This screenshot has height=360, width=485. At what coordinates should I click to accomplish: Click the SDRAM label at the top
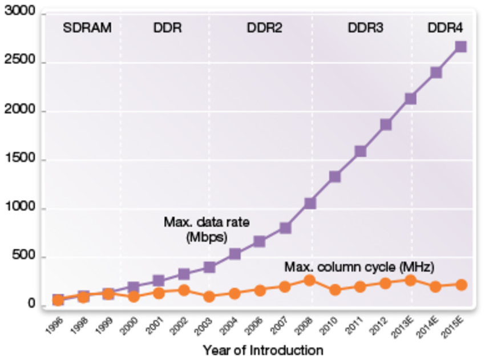[x=87, y=28]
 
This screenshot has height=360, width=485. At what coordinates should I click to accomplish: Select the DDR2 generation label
[x=264, y=28]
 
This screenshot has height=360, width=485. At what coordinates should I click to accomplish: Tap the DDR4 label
[x=446, y=28]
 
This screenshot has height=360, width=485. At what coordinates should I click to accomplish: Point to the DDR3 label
[x=366, y=28]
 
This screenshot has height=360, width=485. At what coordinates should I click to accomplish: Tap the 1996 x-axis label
[x=53, y=325]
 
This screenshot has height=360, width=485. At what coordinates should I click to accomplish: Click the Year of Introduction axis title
[x=263, y=350]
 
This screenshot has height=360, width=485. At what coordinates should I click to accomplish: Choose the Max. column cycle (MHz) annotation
[x=359, y=266]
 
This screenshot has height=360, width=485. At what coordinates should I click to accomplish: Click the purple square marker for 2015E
[x=460, y=47]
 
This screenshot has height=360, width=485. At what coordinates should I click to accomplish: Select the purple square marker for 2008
[x=310, y=204]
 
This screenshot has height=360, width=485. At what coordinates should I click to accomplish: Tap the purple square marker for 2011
[x=360, y=151]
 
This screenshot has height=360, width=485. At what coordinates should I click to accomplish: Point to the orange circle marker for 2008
[x=309, y=280]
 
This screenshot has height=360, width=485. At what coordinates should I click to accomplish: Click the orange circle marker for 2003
[x=209, y=297]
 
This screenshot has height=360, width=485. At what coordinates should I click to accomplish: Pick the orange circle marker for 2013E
[x=410, y=280]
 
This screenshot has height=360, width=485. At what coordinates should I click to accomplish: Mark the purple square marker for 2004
[x=234, y=254]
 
